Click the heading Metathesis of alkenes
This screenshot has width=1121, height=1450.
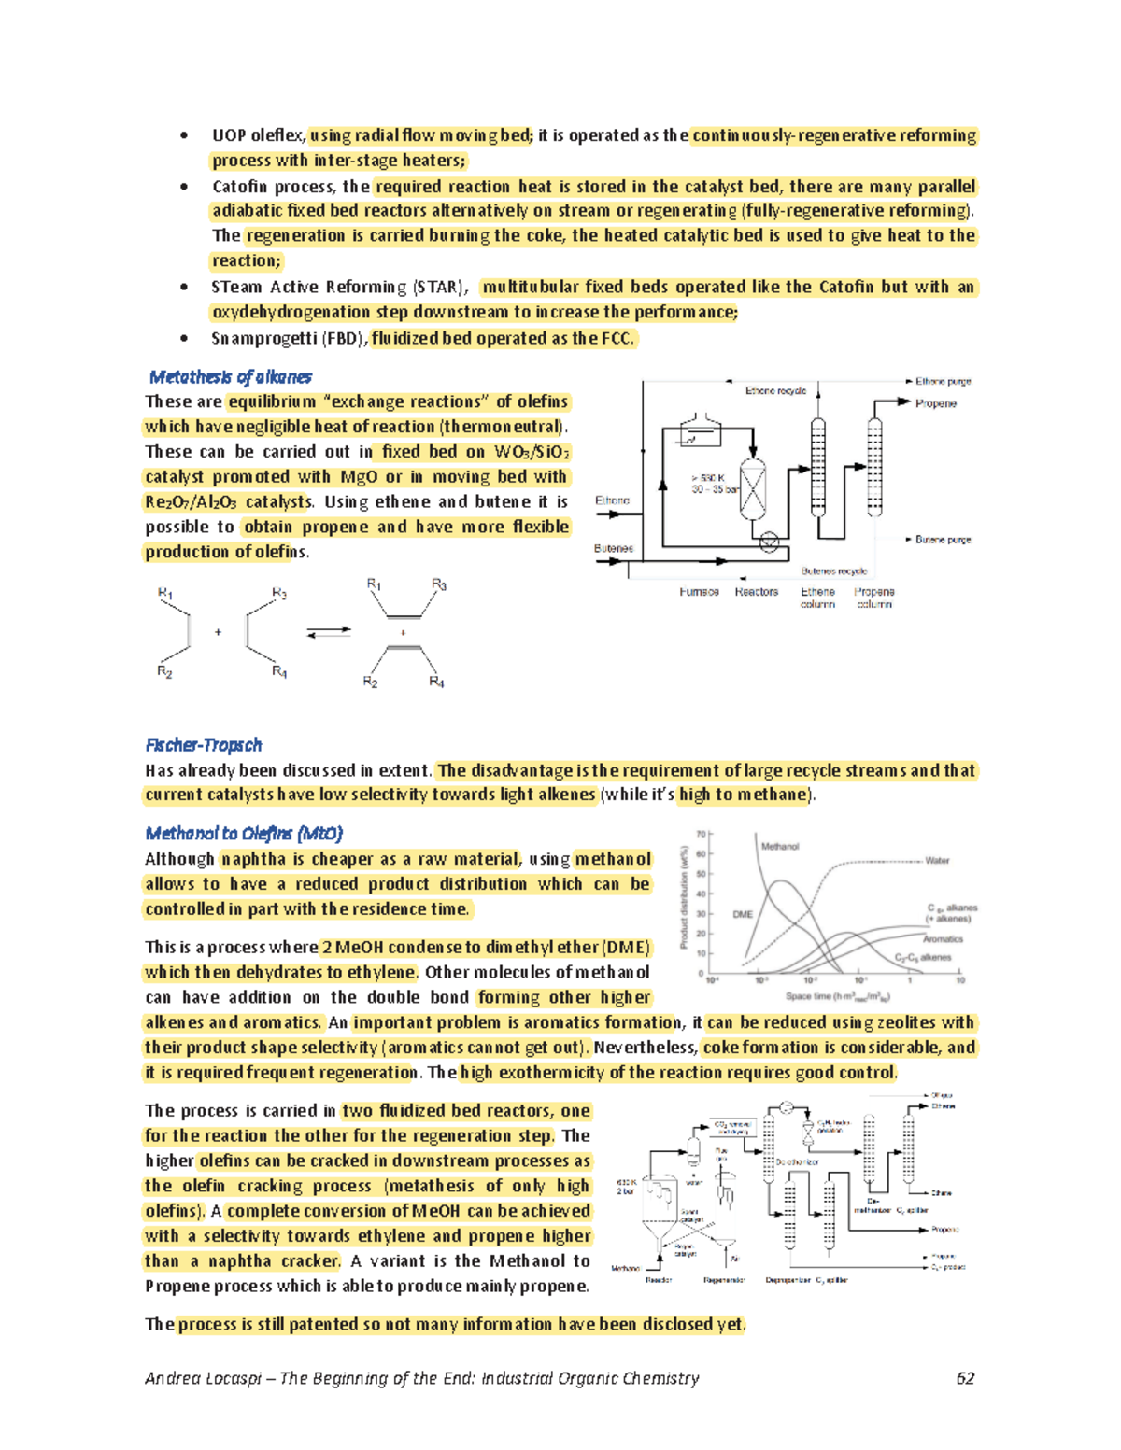point(230,377)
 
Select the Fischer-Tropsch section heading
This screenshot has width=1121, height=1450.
point(203,745)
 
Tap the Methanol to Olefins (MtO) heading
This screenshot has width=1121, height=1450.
point(244,834)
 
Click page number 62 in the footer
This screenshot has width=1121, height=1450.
point(965,1379)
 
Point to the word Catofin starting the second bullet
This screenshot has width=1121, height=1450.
point(240,187)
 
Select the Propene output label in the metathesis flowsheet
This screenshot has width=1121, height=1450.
point(935,403)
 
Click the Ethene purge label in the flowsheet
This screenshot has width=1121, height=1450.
point(943,381)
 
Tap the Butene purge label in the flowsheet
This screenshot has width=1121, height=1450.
point(943,540)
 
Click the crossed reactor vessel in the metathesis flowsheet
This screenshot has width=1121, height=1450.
point(752,488)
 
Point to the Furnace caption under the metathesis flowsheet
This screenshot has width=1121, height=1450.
point(699,592)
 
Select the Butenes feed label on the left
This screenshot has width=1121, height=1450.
point(614,549)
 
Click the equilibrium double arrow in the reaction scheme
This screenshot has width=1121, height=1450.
point(329,633)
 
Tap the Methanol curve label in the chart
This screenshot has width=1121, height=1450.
point(779,847)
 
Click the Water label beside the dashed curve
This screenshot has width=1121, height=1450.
point(937,861)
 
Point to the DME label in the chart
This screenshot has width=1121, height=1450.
point(743,914)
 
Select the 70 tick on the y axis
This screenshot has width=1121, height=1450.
point(701,834)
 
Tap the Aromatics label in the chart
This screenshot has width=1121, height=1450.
point(943,939)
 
